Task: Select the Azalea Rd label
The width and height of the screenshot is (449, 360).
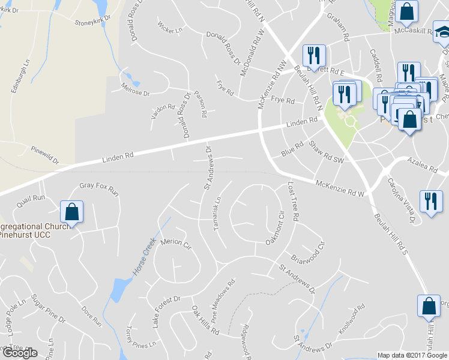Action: click(x=420, y=161)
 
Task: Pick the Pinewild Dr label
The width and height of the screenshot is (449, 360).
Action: click(x=45, y=154)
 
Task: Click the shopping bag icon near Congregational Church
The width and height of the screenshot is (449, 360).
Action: click(x=71, y=211)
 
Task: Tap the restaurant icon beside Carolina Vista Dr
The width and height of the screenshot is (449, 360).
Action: click(x=430, y=200)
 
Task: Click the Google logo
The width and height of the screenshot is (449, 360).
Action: click(x=20, y=353)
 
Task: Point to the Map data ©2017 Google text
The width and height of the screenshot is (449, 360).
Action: click(x=412, y=355)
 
